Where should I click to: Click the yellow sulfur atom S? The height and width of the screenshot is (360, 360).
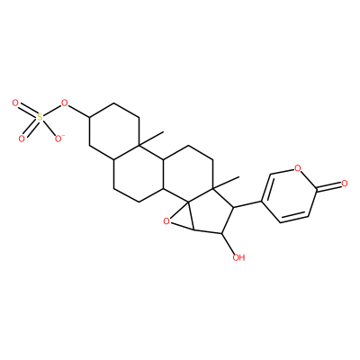40,117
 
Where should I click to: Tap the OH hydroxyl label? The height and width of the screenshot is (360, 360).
239,257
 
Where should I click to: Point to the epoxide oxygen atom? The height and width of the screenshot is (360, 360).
166,221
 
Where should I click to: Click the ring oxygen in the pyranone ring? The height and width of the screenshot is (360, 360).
297,167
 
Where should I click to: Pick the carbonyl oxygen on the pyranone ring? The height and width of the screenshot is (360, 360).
344,183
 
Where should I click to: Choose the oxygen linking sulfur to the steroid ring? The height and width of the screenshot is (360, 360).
64,104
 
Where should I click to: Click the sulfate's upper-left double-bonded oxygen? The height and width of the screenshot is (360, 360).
15,103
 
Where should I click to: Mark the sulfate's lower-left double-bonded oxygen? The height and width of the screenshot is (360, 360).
22,139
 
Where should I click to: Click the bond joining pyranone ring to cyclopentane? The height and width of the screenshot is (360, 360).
247,203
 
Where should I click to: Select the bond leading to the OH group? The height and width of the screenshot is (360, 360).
228,243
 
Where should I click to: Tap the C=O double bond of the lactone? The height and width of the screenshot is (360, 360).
328,185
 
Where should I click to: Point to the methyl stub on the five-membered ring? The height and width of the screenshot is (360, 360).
226,183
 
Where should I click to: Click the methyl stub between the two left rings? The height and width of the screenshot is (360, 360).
151,139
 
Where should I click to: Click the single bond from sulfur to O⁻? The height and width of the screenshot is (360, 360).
49,127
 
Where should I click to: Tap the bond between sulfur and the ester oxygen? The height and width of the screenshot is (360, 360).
51,111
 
